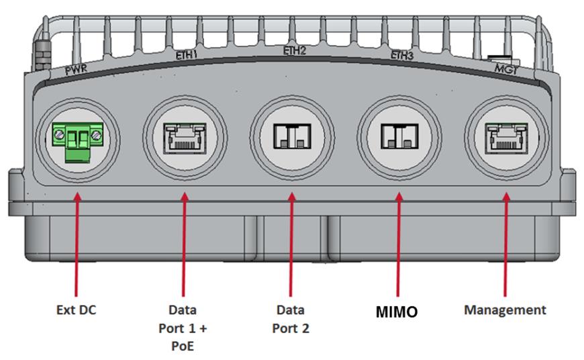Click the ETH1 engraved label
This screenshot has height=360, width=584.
tap(185, 56)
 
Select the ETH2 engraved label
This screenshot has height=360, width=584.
tap(293, 50)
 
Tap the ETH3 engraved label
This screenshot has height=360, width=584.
tap(401, 56)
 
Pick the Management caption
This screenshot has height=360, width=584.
tap(505, 310)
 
